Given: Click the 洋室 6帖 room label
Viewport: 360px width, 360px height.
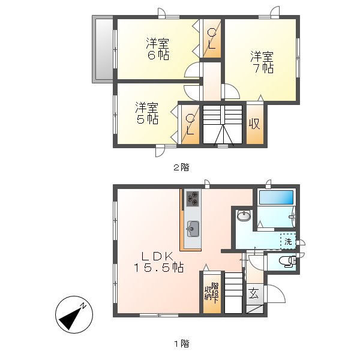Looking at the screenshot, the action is pyautogui.click(x=158, y=49).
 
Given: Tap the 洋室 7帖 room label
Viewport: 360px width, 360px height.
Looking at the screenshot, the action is pyautogui.click(x=262, y=62).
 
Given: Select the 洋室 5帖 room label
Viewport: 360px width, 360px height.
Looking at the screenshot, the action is pyautogui.click(x=147, y=113).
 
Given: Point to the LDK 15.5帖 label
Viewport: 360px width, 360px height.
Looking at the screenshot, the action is pyautogui.click(x=158, y=262).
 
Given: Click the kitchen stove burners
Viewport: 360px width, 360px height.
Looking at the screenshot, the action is pyautogui.click(x=192, y=199).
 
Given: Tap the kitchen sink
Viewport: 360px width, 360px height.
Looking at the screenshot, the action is pyautogui.click(x=193, y=229).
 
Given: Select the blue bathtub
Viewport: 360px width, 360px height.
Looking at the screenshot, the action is pyautogui.click(x=276, y=197).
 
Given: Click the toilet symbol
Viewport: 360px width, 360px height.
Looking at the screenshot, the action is pyautogui.click(x=287, y=261).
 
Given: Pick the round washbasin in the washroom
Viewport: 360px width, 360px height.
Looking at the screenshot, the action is pyautogui.click(x=244, y=216).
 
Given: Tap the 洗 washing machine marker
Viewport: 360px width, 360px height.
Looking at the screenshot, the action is pyautogui.click(x=288, y=242).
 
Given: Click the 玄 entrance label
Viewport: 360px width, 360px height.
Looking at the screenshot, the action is pyautogui.click(x=254, y=293).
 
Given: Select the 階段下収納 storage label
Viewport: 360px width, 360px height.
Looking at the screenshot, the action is pyautogui.click(x=212, y=293).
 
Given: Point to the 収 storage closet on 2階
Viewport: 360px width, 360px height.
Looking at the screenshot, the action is pyautogui.click(x=254, y=124).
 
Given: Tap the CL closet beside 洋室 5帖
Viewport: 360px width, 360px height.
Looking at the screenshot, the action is pyautogui.click(x=190, y=124).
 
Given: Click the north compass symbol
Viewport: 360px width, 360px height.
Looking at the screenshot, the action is pyautogui.click(x=74, y=314).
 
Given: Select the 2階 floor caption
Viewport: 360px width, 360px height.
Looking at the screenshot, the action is pyautogui.click(x=181, y=167).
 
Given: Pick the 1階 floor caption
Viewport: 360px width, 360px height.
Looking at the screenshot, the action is pyautogui.click(x=182, y=344).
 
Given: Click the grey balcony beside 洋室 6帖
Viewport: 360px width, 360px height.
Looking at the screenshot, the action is pyautogui.click(x=103, y=49).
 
